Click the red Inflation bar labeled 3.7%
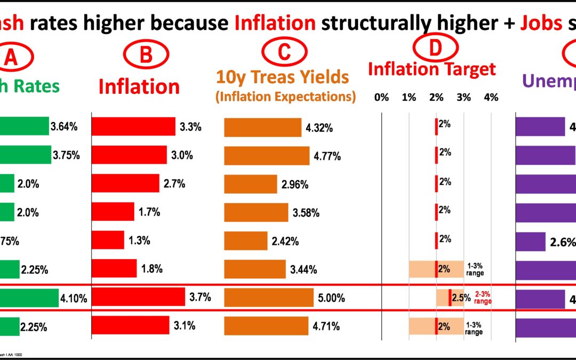pos(138,298)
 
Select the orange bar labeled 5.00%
pos(268,298)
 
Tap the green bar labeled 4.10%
pos(29,298)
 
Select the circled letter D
pos(436,48)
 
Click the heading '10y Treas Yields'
pos(282,78)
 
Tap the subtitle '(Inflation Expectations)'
pos(285,97)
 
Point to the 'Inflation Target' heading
pos(432,69)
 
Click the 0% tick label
pos(381,97)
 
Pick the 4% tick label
pos(491,97)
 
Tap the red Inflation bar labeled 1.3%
pos(108,239)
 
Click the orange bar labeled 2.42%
pos(245,239)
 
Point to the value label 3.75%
pos(66,156)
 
